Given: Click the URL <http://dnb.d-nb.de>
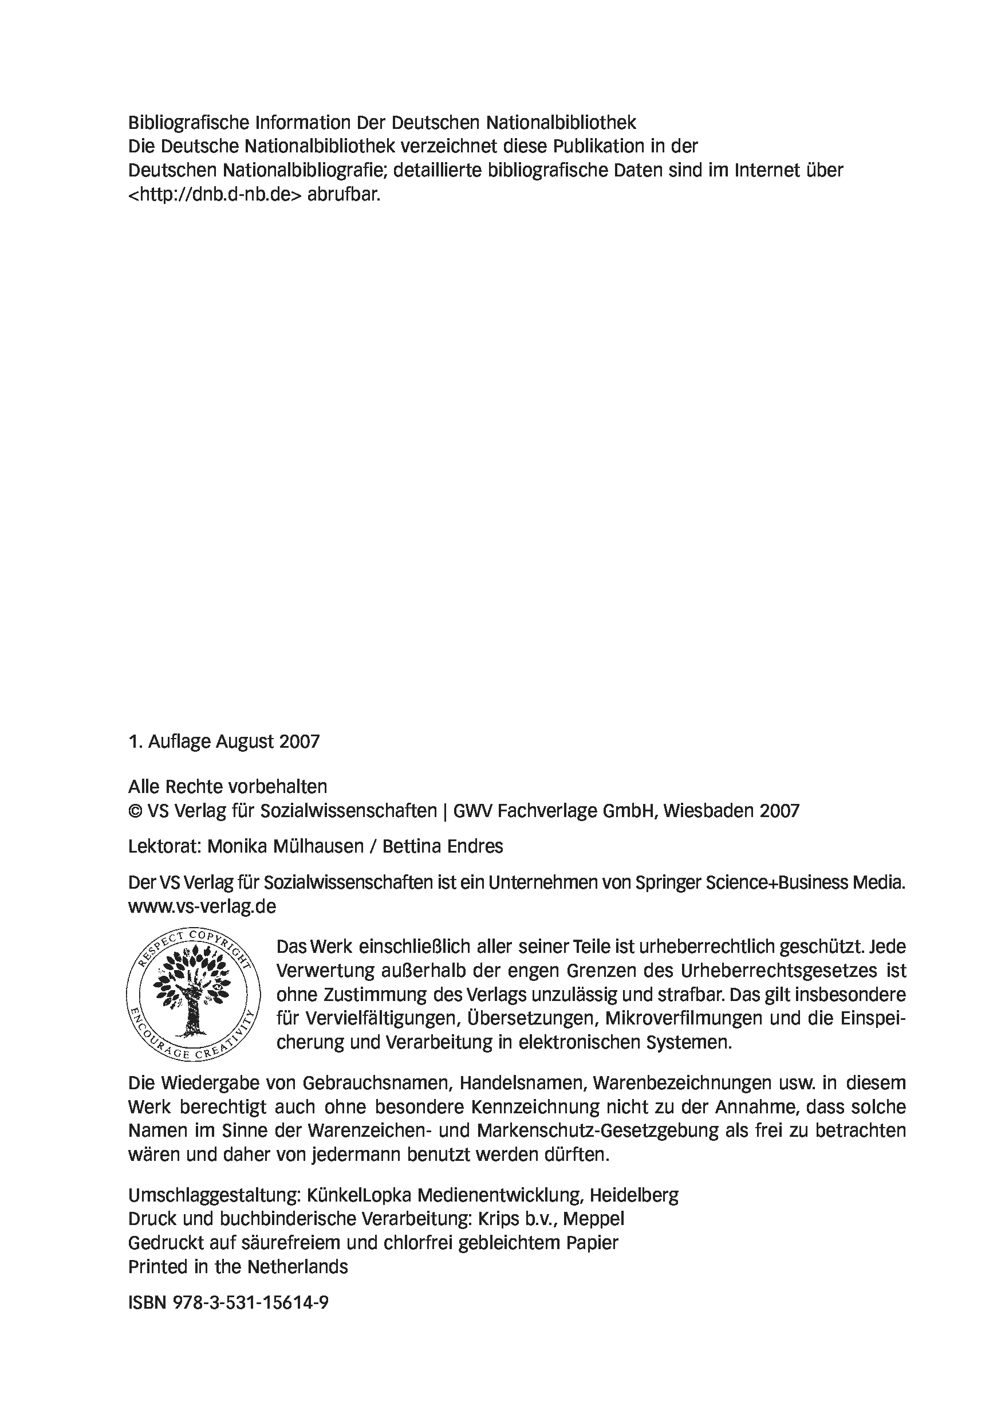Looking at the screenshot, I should click(215, 194).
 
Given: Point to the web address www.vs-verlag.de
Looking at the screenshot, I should click(202, 906).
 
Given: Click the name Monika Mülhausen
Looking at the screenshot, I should click(285, 846).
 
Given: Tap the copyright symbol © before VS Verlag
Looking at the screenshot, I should click(135, 811).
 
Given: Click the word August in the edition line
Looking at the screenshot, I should click(245, 741).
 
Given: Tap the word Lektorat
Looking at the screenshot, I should click(164, 846).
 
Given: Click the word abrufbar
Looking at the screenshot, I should click(344, 194).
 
